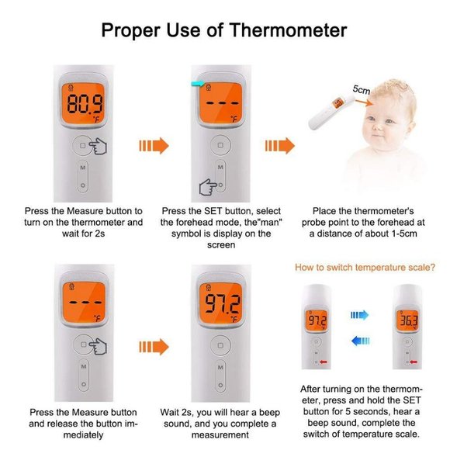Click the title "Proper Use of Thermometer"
point(224,30)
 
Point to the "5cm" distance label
point(362,90)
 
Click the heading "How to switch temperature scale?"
point(365,268)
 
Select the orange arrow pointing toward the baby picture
point(280,145)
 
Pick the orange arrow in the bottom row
point(152,346)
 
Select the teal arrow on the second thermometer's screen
point(199,85)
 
